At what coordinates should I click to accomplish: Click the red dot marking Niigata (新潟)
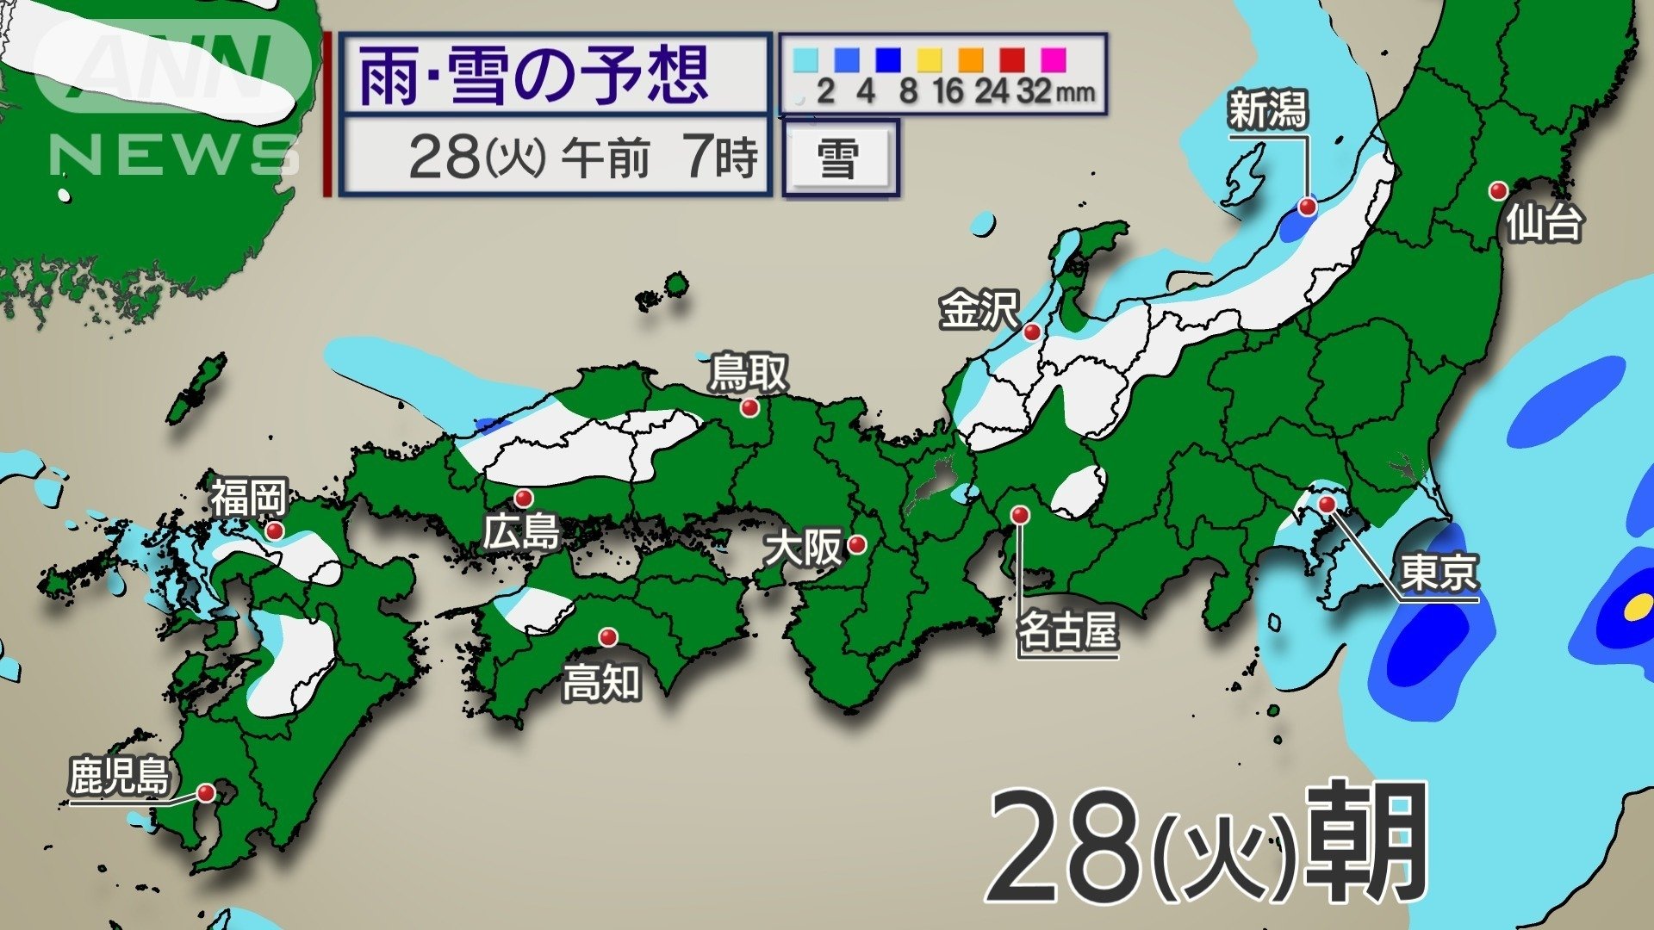point(1308,207)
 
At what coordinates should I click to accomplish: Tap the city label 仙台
point(1544,224)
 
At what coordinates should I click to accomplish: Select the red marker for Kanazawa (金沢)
point(1031,332)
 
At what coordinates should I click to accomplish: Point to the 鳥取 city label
point(748,374)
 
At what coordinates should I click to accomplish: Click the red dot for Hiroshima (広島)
point(523,498)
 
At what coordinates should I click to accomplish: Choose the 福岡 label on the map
point(248,498)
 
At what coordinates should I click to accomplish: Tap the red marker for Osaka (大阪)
point(856,544)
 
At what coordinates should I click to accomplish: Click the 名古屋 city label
point(1067,630)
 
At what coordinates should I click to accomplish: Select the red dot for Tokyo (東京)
point(1327,504)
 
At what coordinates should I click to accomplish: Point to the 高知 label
point(601,684)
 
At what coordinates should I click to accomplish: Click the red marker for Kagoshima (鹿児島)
point(206,792)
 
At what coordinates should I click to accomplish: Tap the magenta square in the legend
point(1053,60)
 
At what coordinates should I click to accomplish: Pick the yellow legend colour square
point(929,60)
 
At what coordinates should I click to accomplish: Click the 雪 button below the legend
point(838,160)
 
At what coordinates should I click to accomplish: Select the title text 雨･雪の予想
point(534,76)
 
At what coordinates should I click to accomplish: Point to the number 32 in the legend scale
point(1034,91)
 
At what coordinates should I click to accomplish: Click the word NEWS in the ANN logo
point(172,155)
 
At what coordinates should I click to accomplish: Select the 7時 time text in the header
point(722,157)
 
